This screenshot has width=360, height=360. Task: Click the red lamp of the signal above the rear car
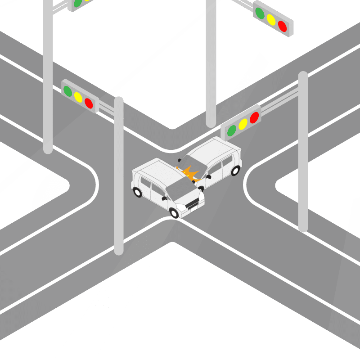coord(254,117)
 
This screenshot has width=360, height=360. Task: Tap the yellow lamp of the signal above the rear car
coord(243,124)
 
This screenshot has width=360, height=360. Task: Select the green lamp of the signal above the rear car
coord(232,130)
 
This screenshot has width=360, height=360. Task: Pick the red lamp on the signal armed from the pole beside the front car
coord(89,103)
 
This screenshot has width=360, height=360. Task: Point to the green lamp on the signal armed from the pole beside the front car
coord(67,91)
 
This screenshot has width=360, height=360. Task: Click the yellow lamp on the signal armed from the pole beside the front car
coord(78,97)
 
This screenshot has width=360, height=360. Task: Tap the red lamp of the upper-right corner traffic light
coord(283,26)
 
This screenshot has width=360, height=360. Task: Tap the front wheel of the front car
coord(174,212)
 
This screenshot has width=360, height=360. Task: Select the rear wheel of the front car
coord(138,193)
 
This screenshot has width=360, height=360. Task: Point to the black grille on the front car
coord(193,205)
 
